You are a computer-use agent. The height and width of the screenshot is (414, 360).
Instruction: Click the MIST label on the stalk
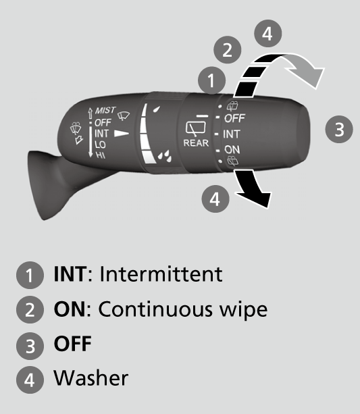coord(105,110)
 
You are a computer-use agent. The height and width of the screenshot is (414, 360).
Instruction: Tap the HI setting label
coord(101,155)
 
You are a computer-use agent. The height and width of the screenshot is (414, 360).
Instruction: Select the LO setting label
coord(100,145)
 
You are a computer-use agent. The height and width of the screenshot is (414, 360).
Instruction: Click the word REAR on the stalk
coord(196,143)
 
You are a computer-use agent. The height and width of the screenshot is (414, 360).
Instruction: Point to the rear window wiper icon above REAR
coord(196,128)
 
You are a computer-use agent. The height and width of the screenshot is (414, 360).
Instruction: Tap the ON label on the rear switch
coord(232,150)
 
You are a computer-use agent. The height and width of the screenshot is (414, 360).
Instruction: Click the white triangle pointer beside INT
coord(122,133)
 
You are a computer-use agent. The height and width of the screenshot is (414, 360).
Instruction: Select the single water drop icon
coord(157,109)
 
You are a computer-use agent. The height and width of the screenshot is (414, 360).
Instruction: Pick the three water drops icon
coord(165,156)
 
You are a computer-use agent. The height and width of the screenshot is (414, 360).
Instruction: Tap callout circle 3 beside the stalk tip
coord(339,130)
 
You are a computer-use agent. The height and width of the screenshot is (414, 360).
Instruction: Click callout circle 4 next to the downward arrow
coord(215,199)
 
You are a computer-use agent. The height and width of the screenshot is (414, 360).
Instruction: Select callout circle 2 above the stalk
coord(227,49)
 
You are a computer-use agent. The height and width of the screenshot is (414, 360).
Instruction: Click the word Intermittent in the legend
coord(161,274)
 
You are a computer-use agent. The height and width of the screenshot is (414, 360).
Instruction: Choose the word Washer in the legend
coord(91,378)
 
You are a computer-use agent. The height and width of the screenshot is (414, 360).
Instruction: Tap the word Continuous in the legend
coord(155,309)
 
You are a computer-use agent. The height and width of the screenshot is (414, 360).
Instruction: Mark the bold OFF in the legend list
coord(73,344)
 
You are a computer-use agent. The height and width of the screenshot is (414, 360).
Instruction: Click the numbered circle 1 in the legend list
coord(30,275)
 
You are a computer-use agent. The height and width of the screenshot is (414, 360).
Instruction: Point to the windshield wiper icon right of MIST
coord(124,116)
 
